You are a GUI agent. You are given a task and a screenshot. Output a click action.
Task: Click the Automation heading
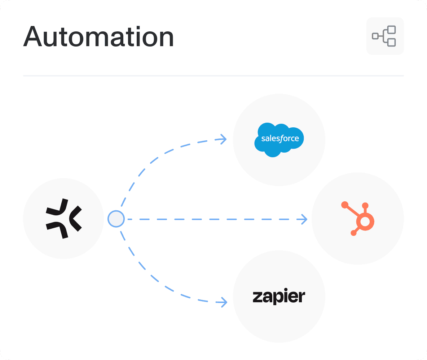point(98,37)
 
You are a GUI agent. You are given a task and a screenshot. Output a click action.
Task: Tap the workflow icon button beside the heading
point(385,36)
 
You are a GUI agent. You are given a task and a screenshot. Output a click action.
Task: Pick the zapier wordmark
point(279,297)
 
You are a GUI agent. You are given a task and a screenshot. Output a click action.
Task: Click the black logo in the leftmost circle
point(63,219)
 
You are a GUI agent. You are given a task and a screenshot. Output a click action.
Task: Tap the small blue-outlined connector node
point(116,219)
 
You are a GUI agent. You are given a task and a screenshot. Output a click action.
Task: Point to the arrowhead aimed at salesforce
point(224,139)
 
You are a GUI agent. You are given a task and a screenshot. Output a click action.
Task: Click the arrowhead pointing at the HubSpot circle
point(304,219)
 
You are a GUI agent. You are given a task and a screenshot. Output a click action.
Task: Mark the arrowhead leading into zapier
point(224,302)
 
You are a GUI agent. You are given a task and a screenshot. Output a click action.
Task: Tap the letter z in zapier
point(257,297)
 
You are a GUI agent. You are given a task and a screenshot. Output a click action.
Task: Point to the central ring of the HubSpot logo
point(365,221)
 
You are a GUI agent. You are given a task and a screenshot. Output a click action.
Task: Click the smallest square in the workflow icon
point(375,36)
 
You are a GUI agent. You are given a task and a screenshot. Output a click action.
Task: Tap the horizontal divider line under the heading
point(213,76)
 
